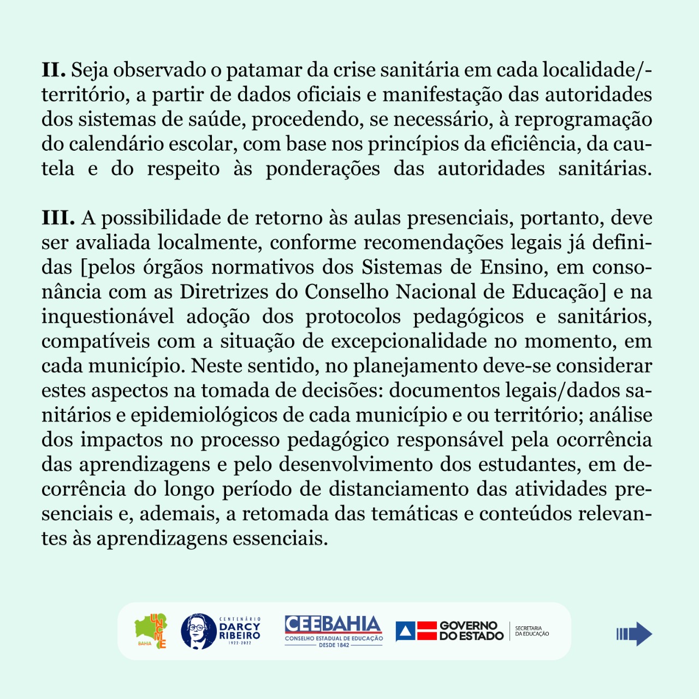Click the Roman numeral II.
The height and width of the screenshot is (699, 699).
point(54,70)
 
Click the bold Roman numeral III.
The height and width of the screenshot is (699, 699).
point(58,218)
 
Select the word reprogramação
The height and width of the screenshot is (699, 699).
point(583,120)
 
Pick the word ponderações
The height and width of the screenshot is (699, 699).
point(323,169)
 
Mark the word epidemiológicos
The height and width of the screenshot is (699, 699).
point(204,415)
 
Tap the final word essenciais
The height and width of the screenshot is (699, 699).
point(280,538)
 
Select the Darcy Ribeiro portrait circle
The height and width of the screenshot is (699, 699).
point(199,631)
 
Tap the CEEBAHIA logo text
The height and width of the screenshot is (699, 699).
point(333,624)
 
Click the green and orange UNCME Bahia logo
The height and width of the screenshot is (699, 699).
point(151,631)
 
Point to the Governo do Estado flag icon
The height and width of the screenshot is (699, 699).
point(416,631)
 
